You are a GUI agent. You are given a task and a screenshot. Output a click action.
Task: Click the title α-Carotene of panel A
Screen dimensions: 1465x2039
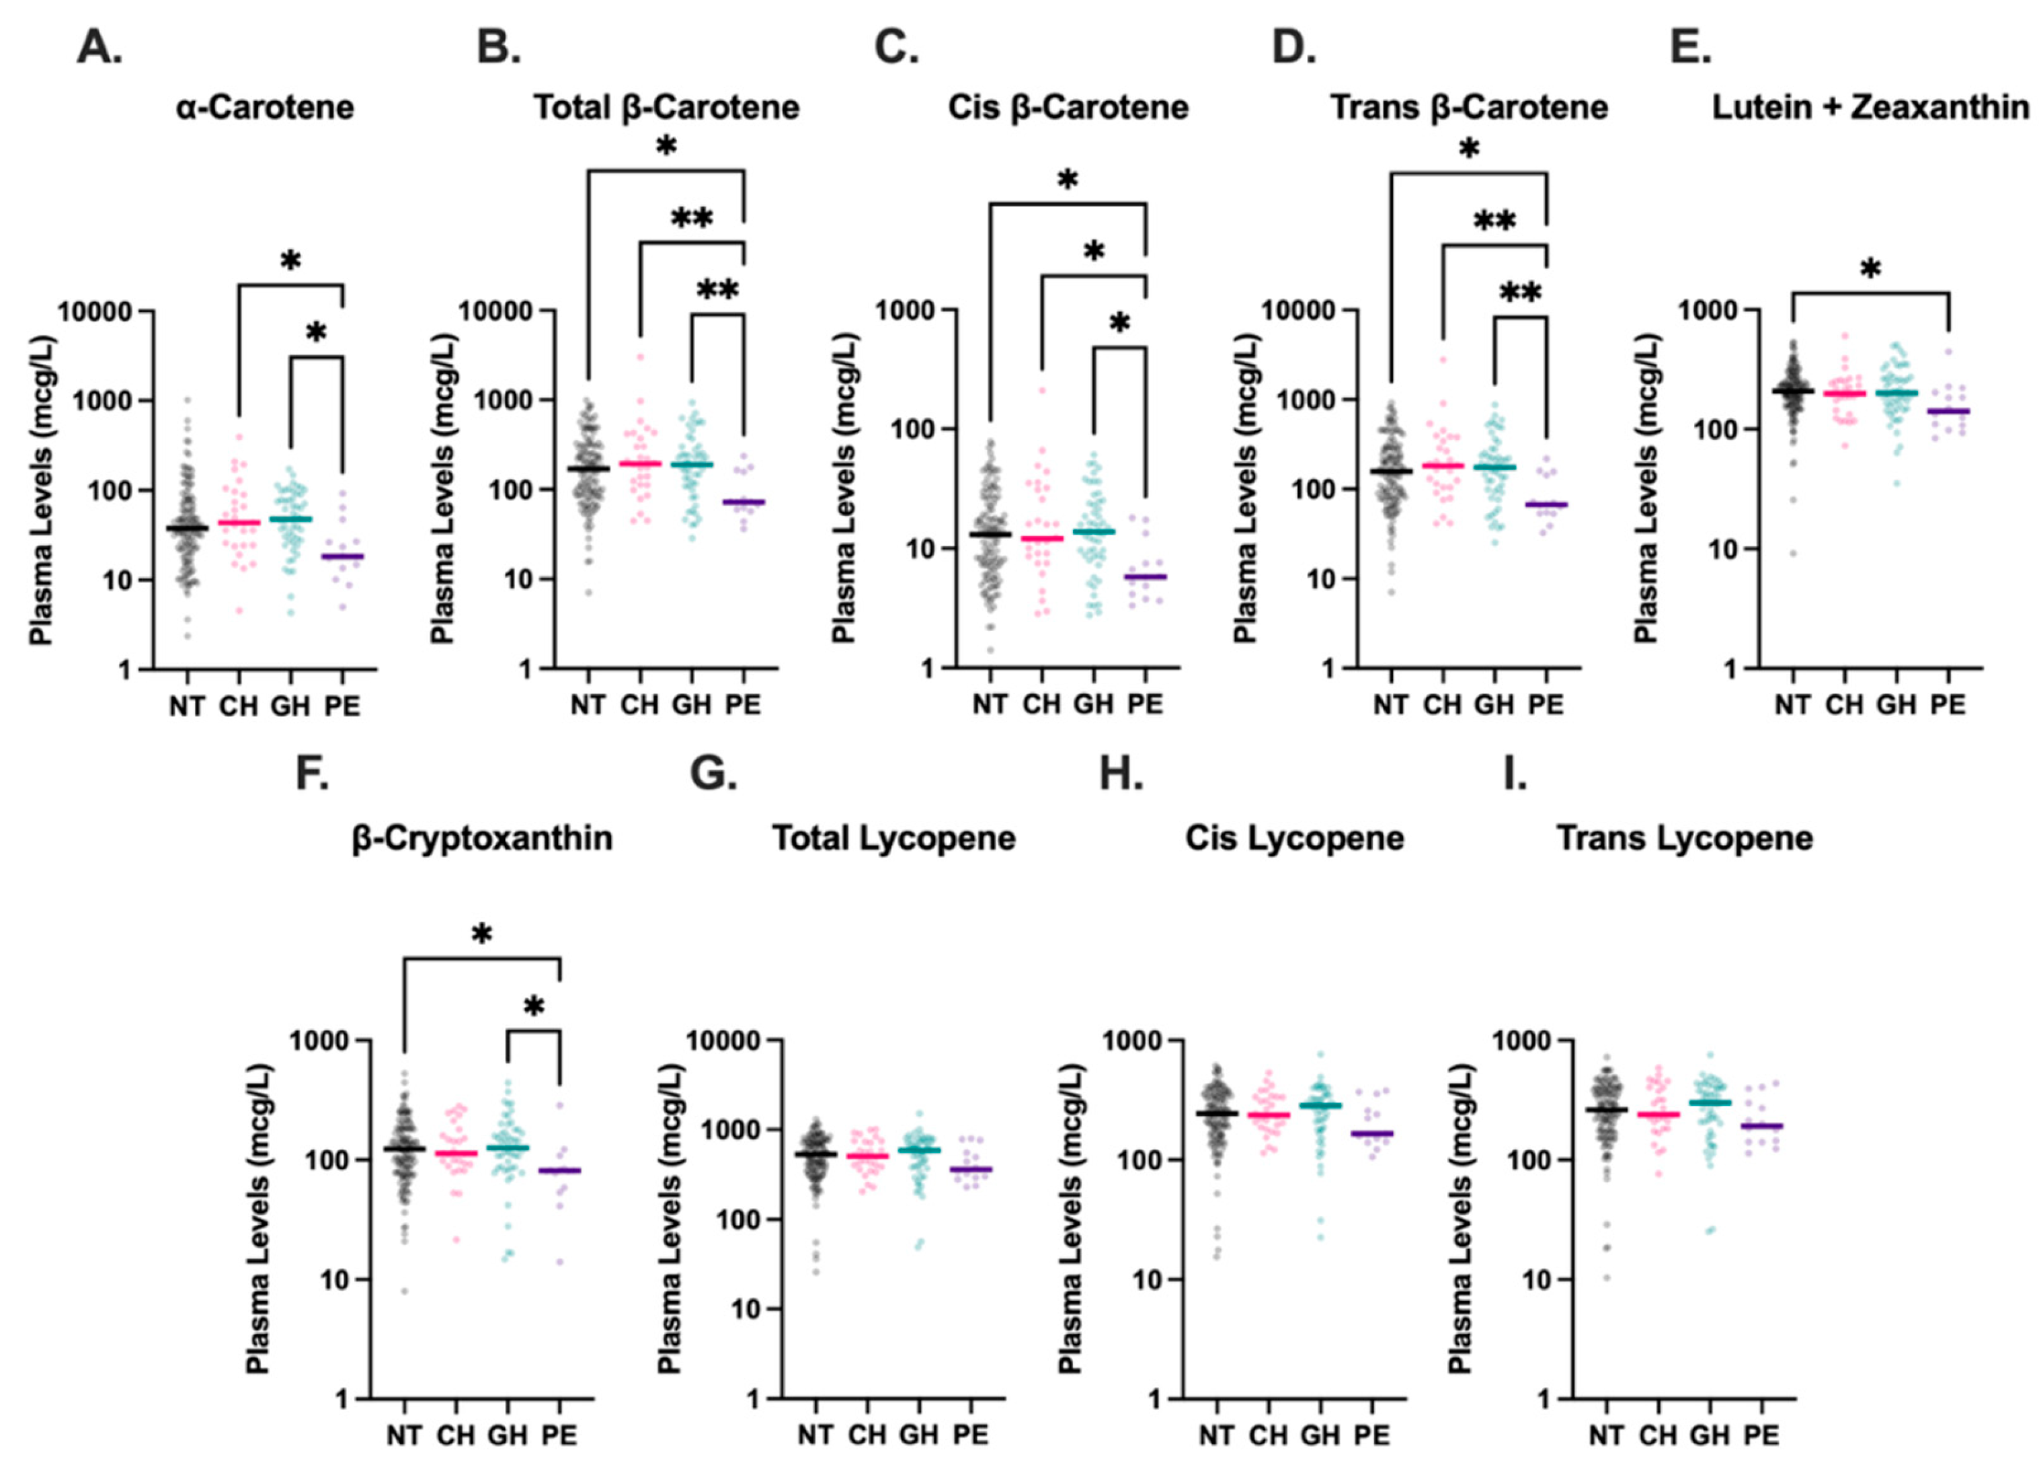click(x=266, y=108)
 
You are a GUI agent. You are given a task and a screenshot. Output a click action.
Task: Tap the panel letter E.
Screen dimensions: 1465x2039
click(x=1690, y=47)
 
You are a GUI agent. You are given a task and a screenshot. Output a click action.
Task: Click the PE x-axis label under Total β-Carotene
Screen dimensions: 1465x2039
click(x=743, y=705)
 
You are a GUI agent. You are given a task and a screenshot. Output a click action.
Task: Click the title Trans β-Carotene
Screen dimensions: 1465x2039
click(x=1469, y=108)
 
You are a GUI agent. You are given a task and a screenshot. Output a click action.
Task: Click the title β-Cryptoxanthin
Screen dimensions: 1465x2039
click(x=482, y=838)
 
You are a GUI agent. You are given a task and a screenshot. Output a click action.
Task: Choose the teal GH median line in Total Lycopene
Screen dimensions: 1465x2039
click(x=919, y=1150)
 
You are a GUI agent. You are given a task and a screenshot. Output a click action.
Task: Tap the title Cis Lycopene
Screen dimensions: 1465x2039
click(x=1295, y=838)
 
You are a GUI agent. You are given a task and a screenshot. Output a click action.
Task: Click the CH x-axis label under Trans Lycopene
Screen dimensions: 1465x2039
click(x=1658, y=1435)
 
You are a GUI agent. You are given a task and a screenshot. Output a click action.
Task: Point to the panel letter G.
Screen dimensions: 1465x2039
click(x=713, y=774)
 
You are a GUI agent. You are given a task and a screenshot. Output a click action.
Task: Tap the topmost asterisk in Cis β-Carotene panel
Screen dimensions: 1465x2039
click(x=1067, y=182)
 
